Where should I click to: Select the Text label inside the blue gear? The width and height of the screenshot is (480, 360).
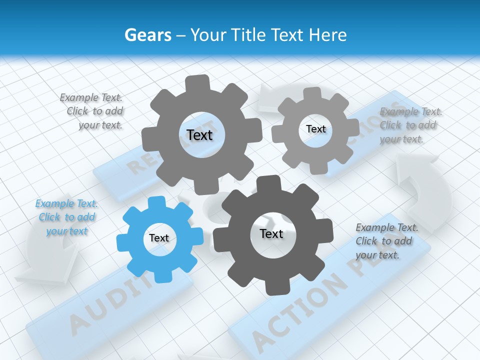(x=159, y=238)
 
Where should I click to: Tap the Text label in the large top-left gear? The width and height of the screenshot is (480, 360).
(x=199, y=135)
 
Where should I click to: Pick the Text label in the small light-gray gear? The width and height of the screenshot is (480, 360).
(x=315, y=129)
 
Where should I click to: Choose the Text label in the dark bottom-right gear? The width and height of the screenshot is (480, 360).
(x=271, y=233)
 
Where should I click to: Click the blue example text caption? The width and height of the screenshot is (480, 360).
(x=66, y=217)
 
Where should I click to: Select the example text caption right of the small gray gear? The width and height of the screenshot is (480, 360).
(x=410, y=125)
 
